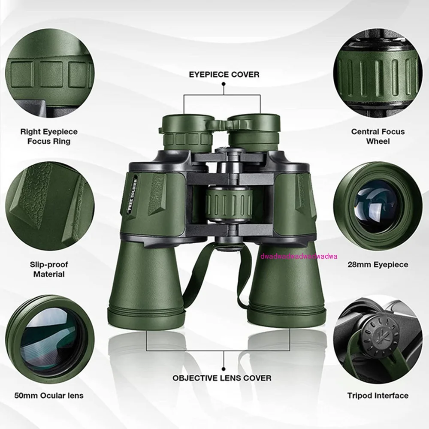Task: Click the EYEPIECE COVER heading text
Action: [224, 75]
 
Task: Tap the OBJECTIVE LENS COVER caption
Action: [222, 378]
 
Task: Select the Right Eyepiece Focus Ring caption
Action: [49, 136]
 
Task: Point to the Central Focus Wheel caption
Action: [378, 136]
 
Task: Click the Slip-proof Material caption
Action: [49, 269]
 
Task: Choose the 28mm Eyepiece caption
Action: [378, 265]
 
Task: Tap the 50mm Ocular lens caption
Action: [49, 396]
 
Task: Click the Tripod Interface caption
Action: [378, 396]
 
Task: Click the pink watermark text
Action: [299, 256]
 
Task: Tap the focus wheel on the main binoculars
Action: [227, 201]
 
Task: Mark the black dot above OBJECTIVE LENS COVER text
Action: [224, 368]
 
